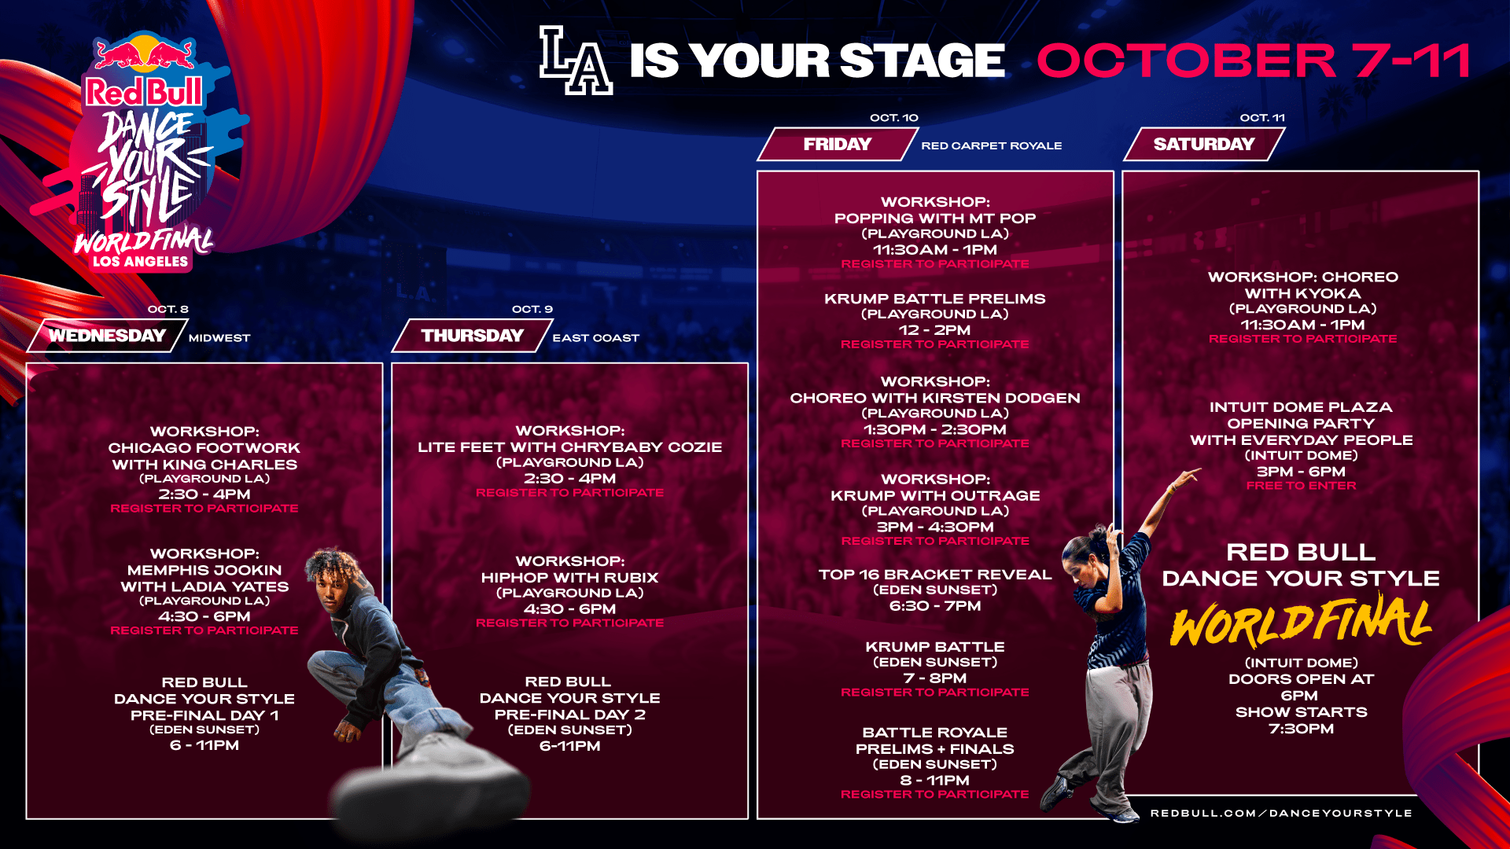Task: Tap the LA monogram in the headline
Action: (576, 61)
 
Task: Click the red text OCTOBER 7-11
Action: (1254, 61)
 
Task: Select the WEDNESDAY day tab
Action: (108, 336)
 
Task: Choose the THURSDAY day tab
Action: (473, 336)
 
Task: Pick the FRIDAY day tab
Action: (838, 144)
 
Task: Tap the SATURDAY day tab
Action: (1204, 144)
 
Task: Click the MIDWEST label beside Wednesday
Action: (219, 338)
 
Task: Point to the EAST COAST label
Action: (596, 338)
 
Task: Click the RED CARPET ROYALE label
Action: (992, 145)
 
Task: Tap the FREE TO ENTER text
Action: (1302, 486)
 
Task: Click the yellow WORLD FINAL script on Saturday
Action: (1301, 623)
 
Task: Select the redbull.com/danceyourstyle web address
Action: (1281, 813)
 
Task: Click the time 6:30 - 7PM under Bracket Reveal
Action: (935, 606)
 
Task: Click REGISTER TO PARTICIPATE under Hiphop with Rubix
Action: (570, 623)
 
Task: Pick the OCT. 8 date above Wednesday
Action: (168, 309)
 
